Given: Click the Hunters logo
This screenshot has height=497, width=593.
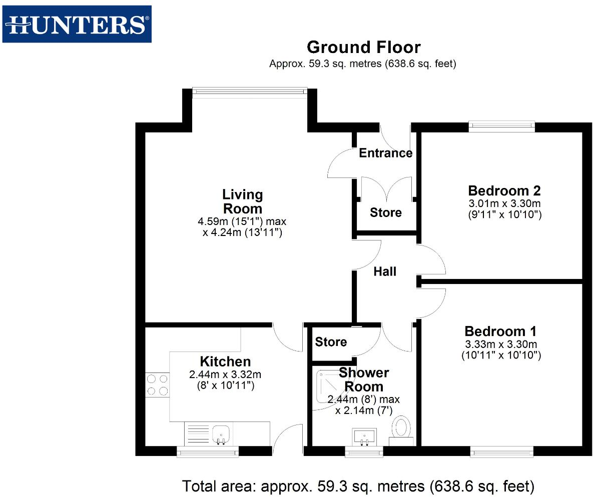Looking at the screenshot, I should tap(77, 24).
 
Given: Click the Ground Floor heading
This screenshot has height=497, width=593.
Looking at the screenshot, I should tap(363, 47).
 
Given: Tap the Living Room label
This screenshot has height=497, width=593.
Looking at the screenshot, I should tap(243, 201).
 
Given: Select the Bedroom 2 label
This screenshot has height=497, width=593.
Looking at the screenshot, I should tap(504, 190).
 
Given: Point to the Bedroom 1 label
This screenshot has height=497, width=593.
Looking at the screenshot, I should tap(500, 331).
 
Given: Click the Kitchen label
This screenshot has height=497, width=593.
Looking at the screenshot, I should tap(225, 361).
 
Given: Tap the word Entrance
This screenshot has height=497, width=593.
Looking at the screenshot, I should tap(385, 153).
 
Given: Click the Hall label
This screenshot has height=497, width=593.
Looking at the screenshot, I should tap(385, 271).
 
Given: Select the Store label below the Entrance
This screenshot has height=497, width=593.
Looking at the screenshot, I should tap(385, 212).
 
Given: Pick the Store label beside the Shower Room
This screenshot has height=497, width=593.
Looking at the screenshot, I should tap(331, 342).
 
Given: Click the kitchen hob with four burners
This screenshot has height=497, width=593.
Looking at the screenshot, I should tap(157, 385).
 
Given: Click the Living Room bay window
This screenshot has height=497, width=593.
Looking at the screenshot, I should tap(249, 91).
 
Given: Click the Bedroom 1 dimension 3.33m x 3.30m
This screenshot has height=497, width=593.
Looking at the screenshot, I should tap(500, 344).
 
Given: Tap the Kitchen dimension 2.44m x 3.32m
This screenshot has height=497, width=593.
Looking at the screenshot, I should tap(225, 374).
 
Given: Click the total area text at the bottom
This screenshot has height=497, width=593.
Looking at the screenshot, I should tap(358, 485).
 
